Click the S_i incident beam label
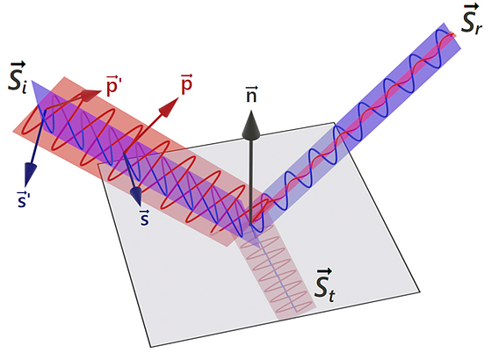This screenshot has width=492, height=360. pyautogui.click(x=18, y=78)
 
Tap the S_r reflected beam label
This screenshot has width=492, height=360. pyautogui.click(x=471, y=18)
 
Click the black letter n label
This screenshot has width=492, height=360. pyautogui.click(x=251, y=95)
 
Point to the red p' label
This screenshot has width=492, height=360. pyautogui.click(x=114, y=85)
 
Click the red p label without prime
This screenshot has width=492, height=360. pyautogui.click(x=186, y=84)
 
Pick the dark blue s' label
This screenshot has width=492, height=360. pyautogui.click(x=22, y=198)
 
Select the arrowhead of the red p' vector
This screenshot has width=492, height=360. pyautogui.click(x=91, y=95)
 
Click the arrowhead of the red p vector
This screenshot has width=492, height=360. pyautogui.click(x=170, y=106)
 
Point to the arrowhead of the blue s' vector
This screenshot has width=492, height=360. pyautogui.click(x=29, y=175)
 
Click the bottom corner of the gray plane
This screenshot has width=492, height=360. pyautogui.click(x=150, y=347)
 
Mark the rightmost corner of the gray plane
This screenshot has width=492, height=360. pyautogui.click(x=420, y=292)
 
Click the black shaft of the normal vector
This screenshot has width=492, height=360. pyautogui.click(x=251, y=182)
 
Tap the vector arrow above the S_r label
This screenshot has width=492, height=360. pyautogui.click(x=471, y=7)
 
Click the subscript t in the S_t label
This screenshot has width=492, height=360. pyautogui.click(x=331, y=296)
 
